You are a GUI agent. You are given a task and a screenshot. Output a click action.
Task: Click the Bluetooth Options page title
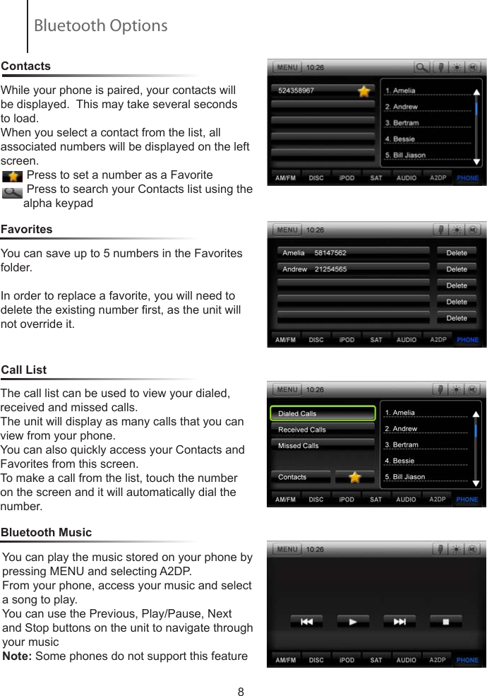tap(100, 26)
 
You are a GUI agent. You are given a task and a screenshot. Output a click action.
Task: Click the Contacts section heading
tap(26, 66)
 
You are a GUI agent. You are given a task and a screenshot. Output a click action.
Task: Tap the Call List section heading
tap(24, 370)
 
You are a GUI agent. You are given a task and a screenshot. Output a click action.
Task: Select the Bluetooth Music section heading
tap(47, 532)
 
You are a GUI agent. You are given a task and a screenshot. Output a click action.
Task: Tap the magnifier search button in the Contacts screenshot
tap(421, 68)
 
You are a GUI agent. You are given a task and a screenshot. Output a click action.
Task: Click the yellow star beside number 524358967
tap(363, 91)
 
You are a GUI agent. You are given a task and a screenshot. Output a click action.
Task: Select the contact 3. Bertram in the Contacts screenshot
tap(402, 123)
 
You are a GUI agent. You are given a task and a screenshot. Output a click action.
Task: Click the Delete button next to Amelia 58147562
tap(457, 252)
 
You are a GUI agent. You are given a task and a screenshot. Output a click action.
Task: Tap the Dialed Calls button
tap(323, 413)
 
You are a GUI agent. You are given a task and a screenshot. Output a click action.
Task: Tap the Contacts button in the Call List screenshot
tap(301, 477)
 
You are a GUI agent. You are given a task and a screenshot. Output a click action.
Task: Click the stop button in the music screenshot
tap(446, 622)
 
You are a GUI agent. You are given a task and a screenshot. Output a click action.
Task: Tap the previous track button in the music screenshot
tap(307, 622)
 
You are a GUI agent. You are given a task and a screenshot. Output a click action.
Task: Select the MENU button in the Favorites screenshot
tap(287, 230)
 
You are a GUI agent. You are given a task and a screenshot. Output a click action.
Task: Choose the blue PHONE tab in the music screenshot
tap(467, 660)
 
